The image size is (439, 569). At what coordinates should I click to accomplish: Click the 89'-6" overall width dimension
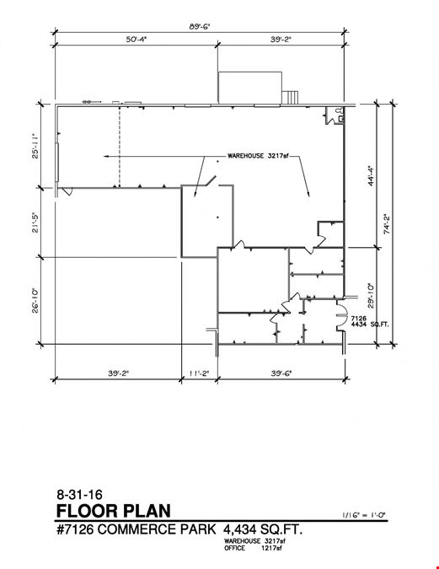[x=200, y=26]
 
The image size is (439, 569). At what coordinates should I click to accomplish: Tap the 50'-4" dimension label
[x=136, y=39]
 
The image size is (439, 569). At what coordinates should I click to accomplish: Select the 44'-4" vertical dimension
[x=371, y=176]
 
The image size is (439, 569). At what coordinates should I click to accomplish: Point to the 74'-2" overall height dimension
[x=387, y=224]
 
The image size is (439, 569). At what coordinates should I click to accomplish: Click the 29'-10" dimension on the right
[x=371, y=296]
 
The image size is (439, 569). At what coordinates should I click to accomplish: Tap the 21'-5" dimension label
[x=35, y=222]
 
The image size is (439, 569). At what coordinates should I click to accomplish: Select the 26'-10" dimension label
[x=35, y=300]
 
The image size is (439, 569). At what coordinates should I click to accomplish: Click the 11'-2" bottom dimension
[x=199, y=373]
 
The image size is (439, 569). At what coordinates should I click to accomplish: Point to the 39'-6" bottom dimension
[x=281, y=373]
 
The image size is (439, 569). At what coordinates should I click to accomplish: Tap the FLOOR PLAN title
[x=114, y=511]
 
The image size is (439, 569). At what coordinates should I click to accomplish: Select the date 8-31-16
[x=79, y=494]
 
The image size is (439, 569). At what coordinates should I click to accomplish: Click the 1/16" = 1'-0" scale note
[x=364, y=514]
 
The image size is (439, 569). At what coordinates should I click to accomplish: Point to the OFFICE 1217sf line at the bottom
[x=253, y=548]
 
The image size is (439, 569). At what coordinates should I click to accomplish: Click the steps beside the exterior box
[x=290, y=97]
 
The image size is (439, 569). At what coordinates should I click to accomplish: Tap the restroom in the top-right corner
[x=335, y=115]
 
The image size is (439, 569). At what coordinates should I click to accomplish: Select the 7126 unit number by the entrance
[x=359, y=319]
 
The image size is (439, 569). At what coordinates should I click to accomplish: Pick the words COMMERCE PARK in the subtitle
[x=157, y=529]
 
